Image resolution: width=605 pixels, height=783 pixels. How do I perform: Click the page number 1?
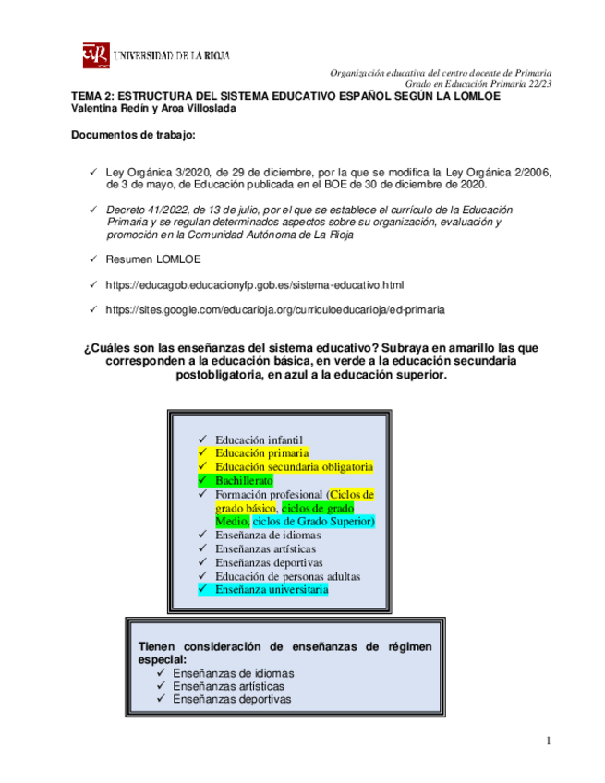point(548,740)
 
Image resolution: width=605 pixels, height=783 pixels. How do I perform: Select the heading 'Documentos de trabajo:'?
point(133,136)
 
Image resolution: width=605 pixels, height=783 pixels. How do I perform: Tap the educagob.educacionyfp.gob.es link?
point(255,284)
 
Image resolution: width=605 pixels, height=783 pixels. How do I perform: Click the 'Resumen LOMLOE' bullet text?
point(153,259)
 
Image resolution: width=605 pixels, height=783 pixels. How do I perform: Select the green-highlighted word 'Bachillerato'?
point(244,480)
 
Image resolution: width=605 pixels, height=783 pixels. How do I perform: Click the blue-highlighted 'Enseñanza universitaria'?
point(272,588)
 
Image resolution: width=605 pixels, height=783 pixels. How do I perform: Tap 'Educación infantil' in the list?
point(259,440)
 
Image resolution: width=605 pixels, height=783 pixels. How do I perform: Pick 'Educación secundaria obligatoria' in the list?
point(294,467)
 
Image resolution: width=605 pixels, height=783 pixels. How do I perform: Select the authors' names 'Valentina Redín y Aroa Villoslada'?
point(153,108)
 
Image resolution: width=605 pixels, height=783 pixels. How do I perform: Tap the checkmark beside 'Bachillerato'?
point(201,480)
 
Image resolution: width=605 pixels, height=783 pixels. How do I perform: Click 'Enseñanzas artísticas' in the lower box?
point(228,686)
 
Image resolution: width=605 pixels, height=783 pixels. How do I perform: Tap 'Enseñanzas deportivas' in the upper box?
point(269,561)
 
